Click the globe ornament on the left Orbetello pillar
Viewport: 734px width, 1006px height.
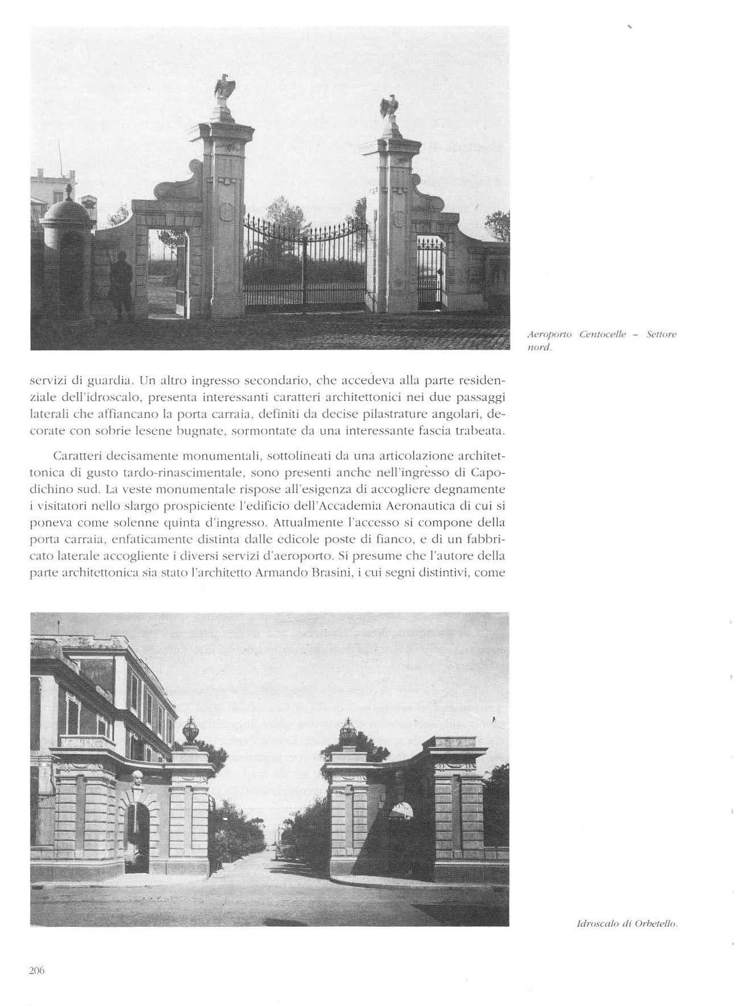tap(190, 731)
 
